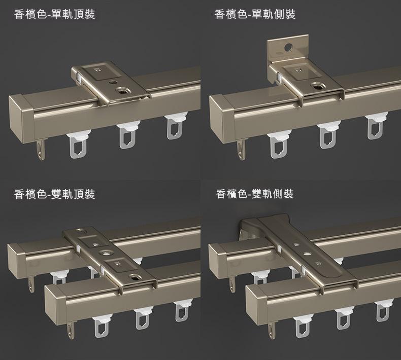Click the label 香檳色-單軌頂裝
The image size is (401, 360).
(54, 14)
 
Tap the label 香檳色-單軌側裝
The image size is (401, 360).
(255, 14)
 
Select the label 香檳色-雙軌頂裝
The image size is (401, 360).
(54, 194)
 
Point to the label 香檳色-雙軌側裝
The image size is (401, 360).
(255, 194)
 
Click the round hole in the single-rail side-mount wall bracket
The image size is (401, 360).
(288, 47)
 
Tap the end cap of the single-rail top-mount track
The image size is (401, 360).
(21, 118)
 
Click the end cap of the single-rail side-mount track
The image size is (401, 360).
(221, 118)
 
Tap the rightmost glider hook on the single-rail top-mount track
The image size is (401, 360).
(176, 126)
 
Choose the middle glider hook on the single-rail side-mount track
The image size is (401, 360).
(328, 135)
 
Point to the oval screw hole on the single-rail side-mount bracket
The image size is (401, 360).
(318, 86)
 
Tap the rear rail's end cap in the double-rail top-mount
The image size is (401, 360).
(17, 261)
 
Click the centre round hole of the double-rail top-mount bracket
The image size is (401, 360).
(105, 253)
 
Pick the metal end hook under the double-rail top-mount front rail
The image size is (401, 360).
(71, 331)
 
